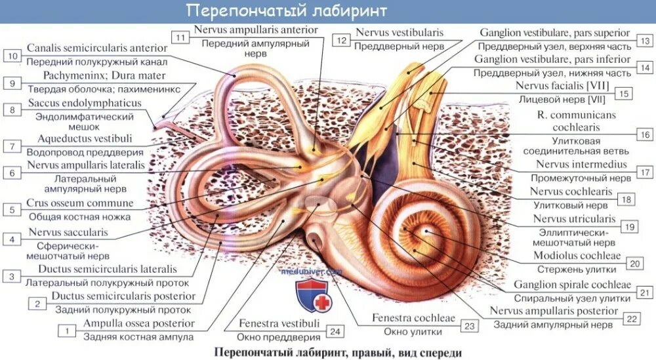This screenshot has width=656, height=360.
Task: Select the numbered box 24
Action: [x=335, y=332]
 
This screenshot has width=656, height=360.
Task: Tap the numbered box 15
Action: [x=624, y=94]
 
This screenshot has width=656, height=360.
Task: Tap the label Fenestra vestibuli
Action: [x=279, y=323]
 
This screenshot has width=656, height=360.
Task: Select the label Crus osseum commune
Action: [x=80, y=203]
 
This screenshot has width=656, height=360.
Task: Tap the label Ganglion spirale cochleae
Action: [x=572, y=285]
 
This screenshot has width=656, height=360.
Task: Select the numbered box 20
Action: [x=634, y=263]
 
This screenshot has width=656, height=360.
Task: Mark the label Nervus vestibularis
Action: [x=400, y=32]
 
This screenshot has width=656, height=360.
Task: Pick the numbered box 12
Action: [x=340, y=40]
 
